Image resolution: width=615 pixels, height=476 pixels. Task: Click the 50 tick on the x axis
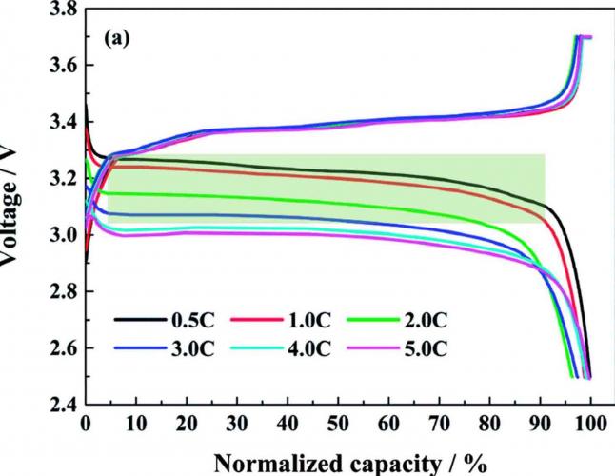click(339, 423)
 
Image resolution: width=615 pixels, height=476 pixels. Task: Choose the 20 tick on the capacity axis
click(188, 423)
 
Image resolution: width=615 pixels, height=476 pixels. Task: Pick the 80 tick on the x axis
click(490, 423)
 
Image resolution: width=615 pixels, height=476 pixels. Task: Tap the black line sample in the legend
click(136, 322)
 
